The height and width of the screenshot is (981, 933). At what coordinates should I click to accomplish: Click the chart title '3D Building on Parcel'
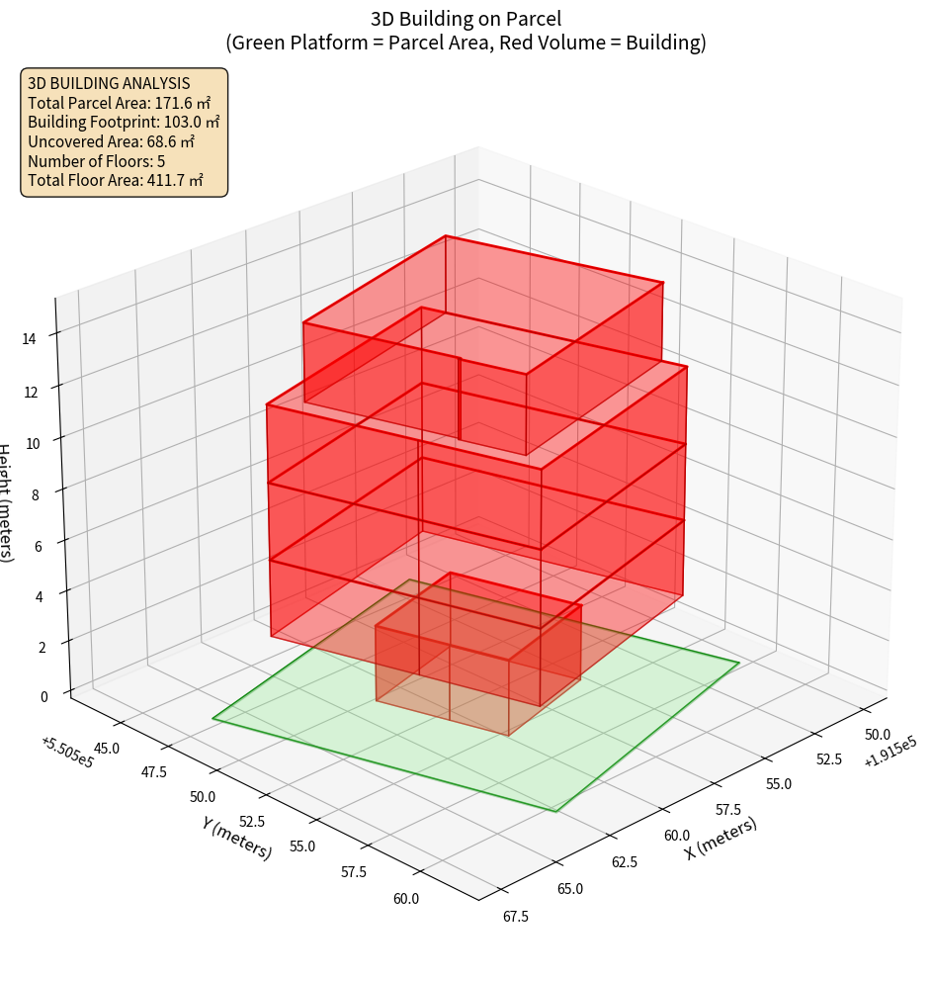point(466,19)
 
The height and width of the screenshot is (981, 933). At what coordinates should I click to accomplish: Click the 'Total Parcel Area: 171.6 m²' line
point(119,103)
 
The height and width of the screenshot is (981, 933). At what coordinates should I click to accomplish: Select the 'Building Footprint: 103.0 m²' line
point(124,122)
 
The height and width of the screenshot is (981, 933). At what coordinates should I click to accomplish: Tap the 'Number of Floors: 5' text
point(96,161)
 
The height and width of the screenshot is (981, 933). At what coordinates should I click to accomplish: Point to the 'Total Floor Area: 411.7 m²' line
point(116,180)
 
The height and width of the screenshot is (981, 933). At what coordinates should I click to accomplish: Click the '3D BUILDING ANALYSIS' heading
point(109,83)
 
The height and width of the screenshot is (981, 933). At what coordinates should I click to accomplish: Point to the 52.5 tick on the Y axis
point(253,821)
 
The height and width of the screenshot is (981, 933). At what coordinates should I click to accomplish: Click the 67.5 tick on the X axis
point(515,916)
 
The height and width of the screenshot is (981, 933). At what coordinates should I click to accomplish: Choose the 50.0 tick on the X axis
point(878,735)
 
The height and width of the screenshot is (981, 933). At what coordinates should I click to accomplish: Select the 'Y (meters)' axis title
point(237,838)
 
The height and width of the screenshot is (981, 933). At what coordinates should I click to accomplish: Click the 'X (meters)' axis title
point(721,837)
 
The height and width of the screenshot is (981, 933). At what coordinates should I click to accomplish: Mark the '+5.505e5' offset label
point(68,753)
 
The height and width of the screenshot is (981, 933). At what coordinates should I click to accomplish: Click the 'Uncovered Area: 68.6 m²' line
point(114,141)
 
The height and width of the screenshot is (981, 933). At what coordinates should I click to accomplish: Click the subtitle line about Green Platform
point(466,43)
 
